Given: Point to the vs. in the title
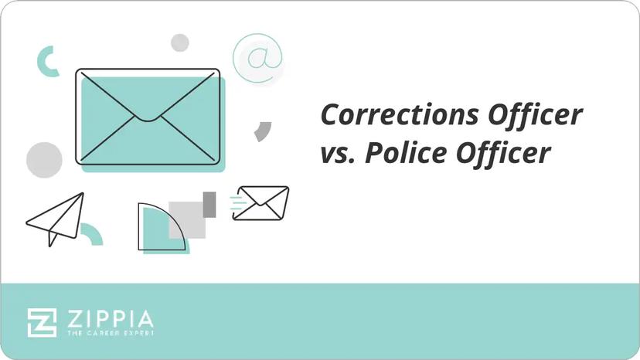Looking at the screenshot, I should [x=338, y=155].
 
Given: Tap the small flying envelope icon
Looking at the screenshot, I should [x=261, y=202].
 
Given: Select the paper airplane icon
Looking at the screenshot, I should [x=56, y=219].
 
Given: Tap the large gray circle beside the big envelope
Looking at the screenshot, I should [x=44, y=160].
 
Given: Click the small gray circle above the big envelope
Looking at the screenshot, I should [x=180, y=42].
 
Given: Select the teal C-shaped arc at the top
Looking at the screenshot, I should [x=46, y=61].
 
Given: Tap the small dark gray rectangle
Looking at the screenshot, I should [x=209, y=204].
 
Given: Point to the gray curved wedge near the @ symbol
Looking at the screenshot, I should [x=264, y=131].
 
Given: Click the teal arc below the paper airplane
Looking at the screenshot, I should [x=93, y=233].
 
